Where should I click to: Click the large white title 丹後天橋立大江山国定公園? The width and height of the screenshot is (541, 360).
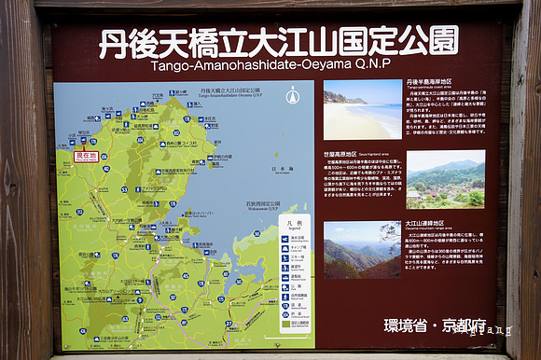[x=278, y=42]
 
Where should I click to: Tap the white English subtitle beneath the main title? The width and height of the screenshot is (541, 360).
[x=277, y=66]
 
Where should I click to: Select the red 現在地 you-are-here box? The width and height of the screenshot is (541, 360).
[x=86, y=156]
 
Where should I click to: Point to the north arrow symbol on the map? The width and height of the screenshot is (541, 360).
[x=293, y=96]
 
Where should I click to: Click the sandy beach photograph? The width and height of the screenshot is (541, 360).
[x=363, y=109]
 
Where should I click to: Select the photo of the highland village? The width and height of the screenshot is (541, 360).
[x=445, y=179]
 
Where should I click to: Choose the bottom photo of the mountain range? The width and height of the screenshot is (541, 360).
[x=362, y=250]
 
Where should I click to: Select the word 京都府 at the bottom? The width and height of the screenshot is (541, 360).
[x=464, y=325]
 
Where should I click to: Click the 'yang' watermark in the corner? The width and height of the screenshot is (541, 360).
[x=492, y=329]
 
